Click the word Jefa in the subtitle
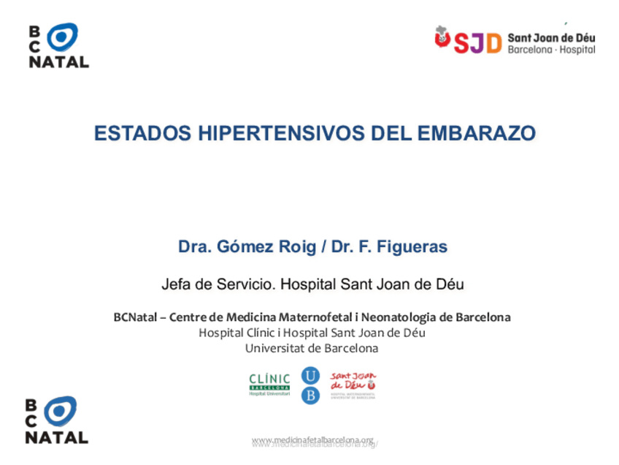[175, 284]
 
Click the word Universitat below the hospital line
[274, 348]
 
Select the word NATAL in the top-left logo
[58, 62]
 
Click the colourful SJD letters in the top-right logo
[477, 42]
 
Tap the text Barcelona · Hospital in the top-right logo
[551, 50]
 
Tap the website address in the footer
[313, 440]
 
